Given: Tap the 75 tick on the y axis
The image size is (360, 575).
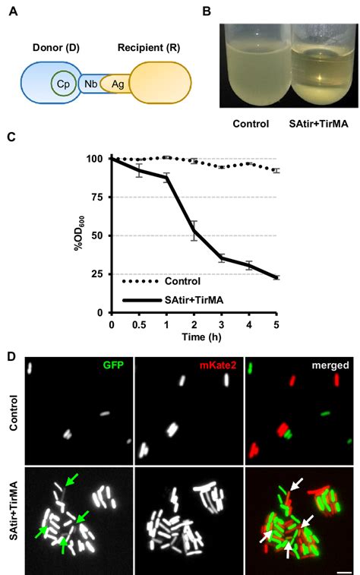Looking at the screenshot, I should pos(96,197).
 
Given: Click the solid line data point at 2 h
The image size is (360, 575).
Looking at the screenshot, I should pos(194,231).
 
